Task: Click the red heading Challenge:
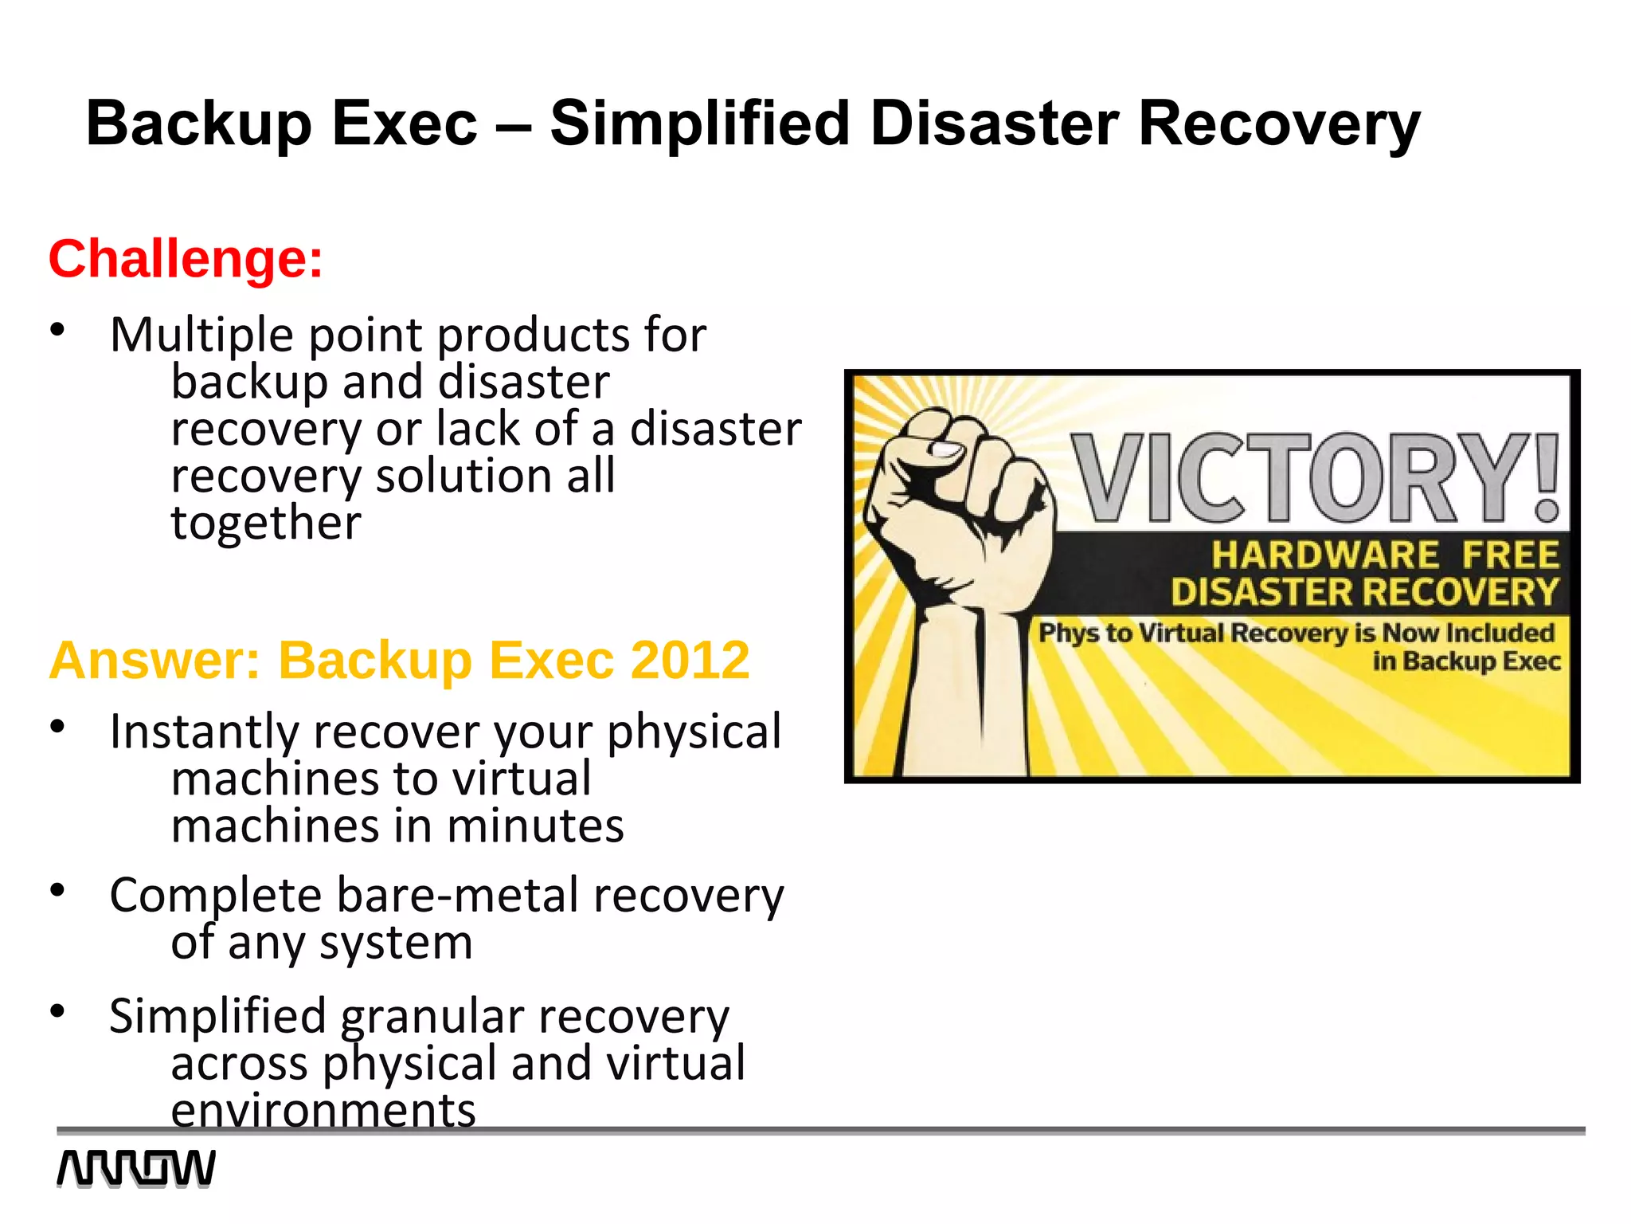click(186, 259)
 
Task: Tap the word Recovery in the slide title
click(1279, 124)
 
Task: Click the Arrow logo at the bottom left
click(135, 1169)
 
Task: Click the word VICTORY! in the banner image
click(1314, 478)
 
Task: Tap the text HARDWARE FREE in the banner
click(1385, 555)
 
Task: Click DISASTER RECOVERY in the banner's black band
click(1364, 592)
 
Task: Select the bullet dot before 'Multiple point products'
click(57, 329)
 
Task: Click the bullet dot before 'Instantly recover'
click(57, 727)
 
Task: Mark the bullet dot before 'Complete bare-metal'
click(57, 890)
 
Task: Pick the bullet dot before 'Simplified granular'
click(57, 1011)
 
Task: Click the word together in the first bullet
click(266, 524)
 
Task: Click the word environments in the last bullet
click(323, 1110)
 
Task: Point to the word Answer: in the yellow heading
click(154, 660)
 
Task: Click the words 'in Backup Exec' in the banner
click(1465, 661)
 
